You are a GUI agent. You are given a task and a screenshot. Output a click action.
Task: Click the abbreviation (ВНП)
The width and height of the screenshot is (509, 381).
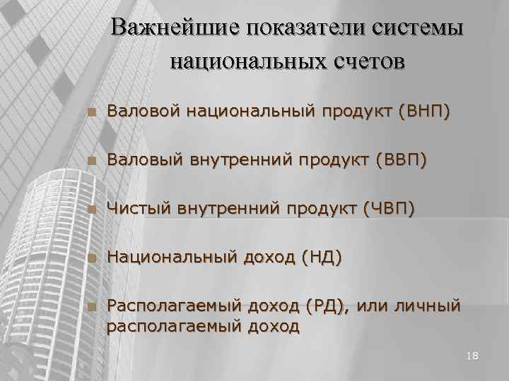423,111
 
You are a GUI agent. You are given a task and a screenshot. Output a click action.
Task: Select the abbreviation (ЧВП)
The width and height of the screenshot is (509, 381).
388,209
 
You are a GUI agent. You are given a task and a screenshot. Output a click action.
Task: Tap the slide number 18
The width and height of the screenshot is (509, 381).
473,356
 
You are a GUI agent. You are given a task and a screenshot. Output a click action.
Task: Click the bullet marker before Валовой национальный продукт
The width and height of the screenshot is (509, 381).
89,111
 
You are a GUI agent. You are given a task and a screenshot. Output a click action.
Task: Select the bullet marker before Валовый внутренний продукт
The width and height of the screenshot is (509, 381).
89,161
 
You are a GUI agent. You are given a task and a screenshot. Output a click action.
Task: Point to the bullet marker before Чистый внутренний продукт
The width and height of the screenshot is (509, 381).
89,210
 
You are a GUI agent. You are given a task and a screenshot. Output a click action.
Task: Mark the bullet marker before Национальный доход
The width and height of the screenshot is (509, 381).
89,258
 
